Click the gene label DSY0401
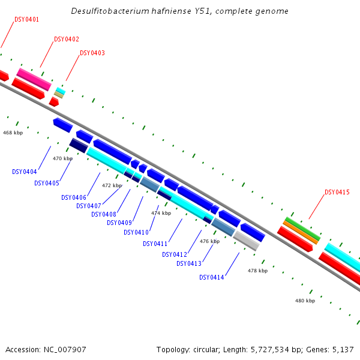click(x=26, y=19)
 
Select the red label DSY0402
click(x=67, y=39)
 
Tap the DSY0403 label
click(x=92, y=53)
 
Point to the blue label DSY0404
click(x=25, y=172)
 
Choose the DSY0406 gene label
click(x=74, y=197)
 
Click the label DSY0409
click(x=119, y=223)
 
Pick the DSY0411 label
click(x=155, y=244)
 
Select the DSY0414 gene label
click(x=212, y=277)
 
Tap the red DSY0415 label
click(x=337, y=192)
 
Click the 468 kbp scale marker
click(x=13, y=132)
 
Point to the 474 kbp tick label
click(x=161, y=213)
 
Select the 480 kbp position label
click(x=305, y=301)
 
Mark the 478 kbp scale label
click(x=257, y=271)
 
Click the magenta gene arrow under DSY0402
click(x=34, y=79)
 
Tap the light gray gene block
click(x=246, y=241)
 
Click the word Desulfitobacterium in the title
click(x=106, y=11)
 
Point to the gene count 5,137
click(x=343, y=349)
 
